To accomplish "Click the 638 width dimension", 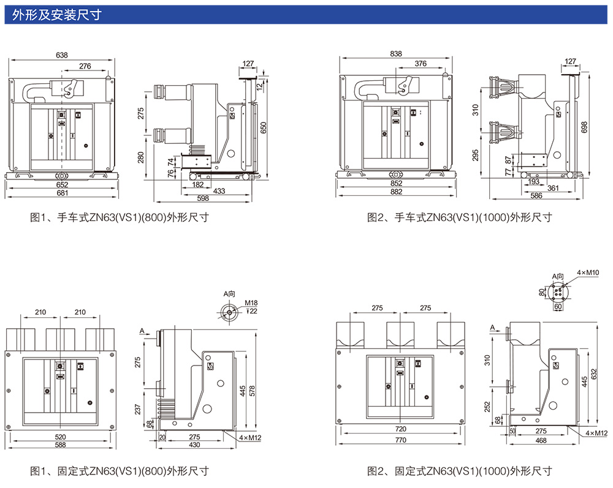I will pos(62,55).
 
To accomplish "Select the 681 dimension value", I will pos(62,193).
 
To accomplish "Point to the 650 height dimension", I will pos(264,127).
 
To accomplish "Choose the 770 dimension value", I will pos(400,440).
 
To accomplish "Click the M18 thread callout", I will pos(251,303).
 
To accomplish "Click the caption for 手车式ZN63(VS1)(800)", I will pos(120,217).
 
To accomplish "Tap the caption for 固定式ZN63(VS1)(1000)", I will pos(459,471).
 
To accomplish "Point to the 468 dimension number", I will pos(541,440).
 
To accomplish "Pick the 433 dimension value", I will pos(219,191).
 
